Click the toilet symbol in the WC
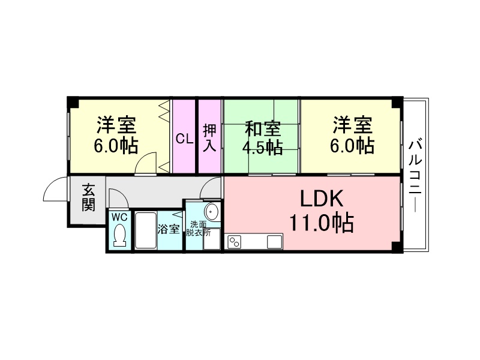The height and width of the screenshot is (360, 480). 119,234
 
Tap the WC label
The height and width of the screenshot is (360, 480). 119,217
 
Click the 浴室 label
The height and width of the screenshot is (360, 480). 169,229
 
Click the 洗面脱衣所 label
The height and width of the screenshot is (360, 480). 198,229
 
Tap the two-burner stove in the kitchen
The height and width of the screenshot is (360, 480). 233,242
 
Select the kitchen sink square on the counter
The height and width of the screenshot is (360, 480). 274,242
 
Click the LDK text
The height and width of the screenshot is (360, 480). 321,199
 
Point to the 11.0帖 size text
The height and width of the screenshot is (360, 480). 321,223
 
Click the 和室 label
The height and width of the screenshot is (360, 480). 262,128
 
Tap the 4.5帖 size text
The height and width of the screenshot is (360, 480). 262,148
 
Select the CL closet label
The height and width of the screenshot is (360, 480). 184,139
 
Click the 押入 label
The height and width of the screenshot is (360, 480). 209,138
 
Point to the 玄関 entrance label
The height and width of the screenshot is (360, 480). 88,198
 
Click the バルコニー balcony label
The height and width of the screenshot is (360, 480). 414,174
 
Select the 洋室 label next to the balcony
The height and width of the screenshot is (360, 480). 353,127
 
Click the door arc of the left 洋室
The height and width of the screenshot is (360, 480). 146,164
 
